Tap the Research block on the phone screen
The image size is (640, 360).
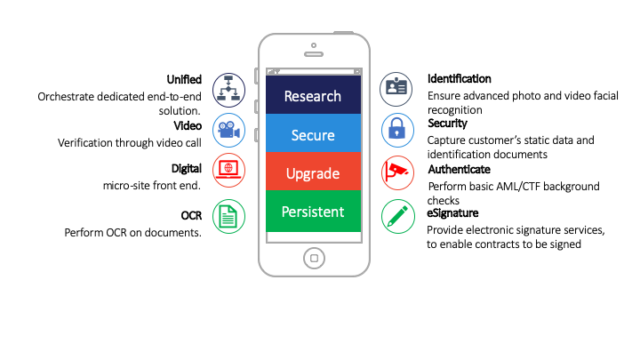point(313,95)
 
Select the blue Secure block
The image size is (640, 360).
point(313,133)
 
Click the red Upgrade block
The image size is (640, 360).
point(313,172)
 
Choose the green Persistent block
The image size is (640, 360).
point(313,211)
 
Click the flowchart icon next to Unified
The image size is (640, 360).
point(228,90)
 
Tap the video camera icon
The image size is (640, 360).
point(228,130)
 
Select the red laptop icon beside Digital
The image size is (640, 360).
point(228,170)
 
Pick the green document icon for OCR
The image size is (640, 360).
point(228,216)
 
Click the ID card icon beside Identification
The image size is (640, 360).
point(396,89)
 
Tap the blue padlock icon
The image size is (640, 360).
point(397,130)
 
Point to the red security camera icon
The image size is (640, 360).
point(397,172)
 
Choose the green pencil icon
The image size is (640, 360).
point(398,216)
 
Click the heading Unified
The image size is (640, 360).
point(184,79)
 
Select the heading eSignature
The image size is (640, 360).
point(452,213)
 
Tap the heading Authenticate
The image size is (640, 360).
point(460,170)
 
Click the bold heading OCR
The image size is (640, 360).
point(191,215)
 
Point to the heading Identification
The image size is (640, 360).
point(460,79)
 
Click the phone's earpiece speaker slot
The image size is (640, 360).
point(314,54)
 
